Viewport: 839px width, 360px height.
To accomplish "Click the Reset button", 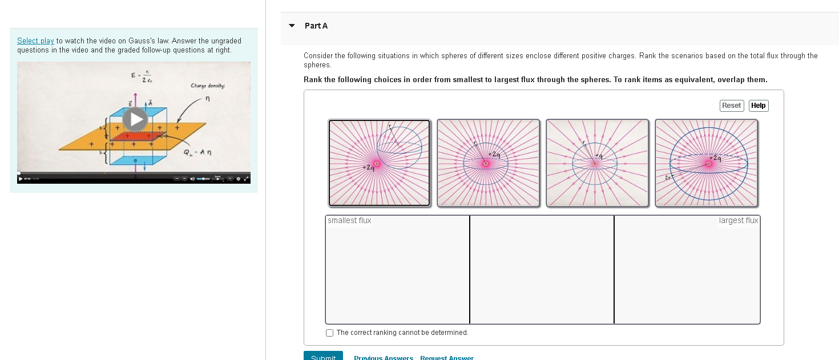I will pos(731,106).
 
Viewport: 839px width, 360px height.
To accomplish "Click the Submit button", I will pos(323,357).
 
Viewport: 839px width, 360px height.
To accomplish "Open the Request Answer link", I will pos(446,358).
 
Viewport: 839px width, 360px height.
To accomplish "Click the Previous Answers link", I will pos(383,358).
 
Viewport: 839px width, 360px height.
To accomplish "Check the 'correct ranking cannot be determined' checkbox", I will pos(329,333).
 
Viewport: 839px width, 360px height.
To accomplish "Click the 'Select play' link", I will pos(35,41).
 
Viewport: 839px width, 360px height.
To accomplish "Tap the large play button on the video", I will pos(136,119).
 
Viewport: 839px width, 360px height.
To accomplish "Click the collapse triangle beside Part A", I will pos(292,26).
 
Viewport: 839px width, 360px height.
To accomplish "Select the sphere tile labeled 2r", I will pos(706,163).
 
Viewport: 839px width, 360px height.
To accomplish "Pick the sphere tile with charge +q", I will pos(597,163).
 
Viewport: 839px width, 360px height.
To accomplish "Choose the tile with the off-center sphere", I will pos(379,163).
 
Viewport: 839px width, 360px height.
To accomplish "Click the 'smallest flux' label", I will pos(349,221).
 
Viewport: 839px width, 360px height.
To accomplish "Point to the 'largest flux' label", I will pos(738,221).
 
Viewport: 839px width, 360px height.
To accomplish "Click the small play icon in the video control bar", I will pos(21,179).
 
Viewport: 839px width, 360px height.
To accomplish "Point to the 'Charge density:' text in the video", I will pos(208,86).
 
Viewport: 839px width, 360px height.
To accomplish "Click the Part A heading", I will pos(316,26).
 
